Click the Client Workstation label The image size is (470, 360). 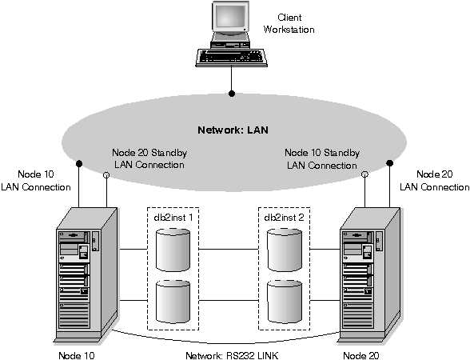(289, 24)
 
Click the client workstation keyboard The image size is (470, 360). (232, 57)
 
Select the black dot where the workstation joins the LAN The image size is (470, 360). (232, 94)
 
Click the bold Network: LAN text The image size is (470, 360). (233, 130)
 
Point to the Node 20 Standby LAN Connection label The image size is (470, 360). (149, 158)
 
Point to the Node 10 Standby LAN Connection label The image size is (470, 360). (322, 159)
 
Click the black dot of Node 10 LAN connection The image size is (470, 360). (79, 163)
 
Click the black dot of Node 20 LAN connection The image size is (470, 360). (390, 163)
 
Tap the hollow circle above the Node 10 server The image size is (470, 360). (106, 175)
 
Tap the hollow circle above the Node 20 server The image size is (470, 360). (364, 174)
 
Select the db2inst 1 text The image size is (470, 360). (173, 218)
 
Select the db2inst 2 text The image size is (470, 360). (284, 218)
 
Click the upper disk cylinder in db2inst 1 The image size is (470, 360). (173, 250)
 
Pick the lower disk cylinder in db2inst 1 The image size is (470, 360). (173, 302)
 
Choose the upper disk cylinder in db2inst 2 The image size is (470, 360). (285, 250)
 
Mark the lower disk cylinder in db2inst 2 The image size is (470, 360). (285, 302)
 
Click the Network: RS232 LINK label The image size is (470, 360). (232, 355)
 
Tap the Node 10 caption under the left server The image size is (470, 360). (77, 355)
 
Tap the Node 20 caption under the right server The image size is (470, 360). (361, 355)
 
